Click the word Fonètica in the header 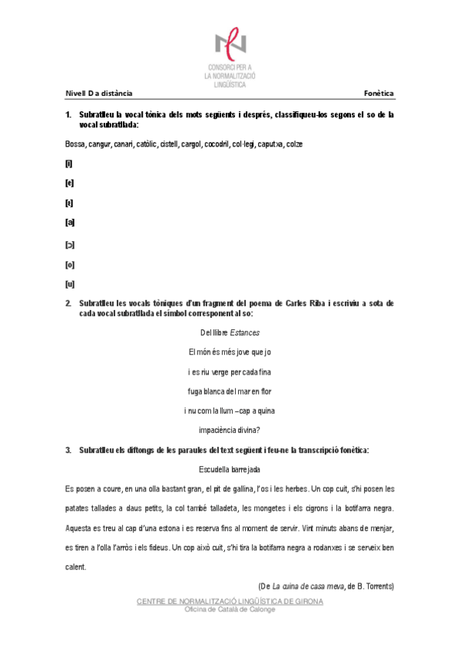click(379, 94)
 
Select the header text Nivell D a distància click(98, 94)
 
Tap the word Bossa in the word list click(75, 144)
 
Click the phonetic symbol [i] click(69, 164)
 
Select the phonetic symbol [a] click(70, 223)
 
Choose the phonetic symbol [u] click(70, 283)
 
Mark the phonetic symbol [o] click(70, 263)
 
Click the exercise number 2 click(68, 303)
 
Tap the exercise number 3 click(68, 450)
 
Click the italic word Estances click(245, 333)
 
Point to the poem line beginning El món click(230, 352)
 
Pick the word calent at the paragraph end click(75, 567)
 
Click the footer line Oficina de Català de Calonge click(230, 609)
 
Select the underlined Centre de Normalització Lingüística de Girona click(230, 601)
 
